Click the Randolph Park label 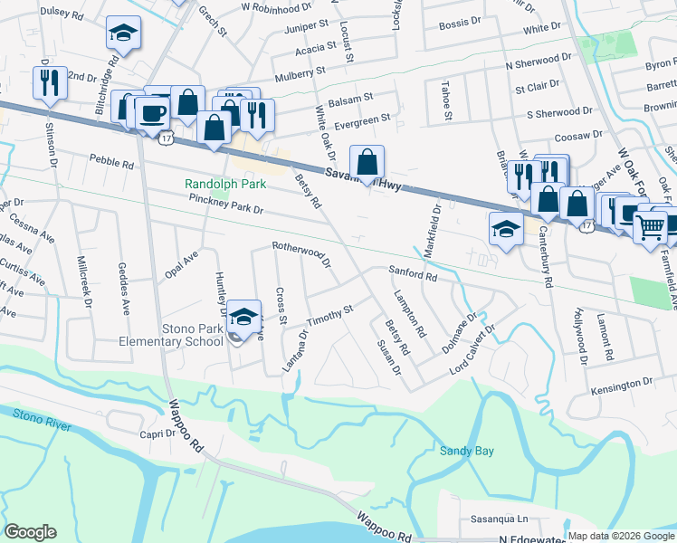pyautogui.click(x=225, y=184)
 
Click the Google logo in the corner pyautogui.click(x=30, y=532)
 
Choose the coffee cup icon pyautogui.click(x=152, y=112)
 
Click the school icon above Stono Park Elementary pyautogui.click(x=243, y=317)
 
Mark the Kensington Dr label pyautogui.click(x=621, y=386)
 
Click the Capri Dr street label pyautogui.click(x=158, y=434)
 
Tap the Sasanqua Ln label pyautogui.click(x=499, y=519)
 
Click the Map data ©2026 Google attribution pyautogui.click(x=621, y=536)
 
